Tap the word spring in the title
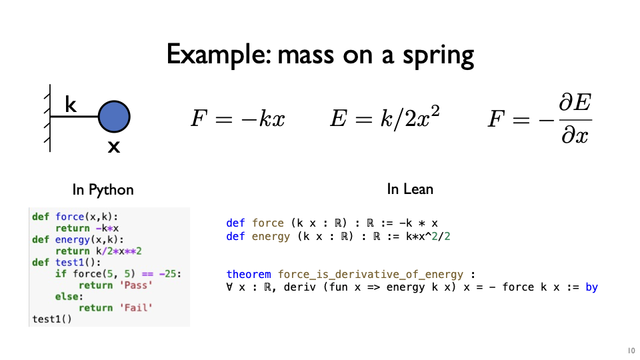(439, 56)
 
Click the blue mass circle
(114, 117)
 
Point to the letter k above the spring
(70, 104)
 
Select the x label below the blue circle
(114, 147)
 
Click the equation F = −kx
(237, 119)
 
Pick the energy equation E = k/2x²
(385, 117)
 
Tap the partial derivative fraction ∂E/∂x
(575, 119)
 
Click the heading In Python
(103, 190)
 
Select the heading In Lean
(410, 189)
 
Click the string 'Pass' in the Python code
(136, 285)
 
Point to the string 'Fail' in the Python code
(136, 307)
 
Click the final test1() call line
(52, 319)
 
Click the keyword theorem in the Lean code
(249, 274)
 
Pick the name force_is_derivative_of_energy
(371, 274)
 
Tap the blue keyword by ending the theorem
(591, 287)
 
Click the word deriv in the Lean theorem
(299, 287)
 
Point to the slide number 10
(631, 351)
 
